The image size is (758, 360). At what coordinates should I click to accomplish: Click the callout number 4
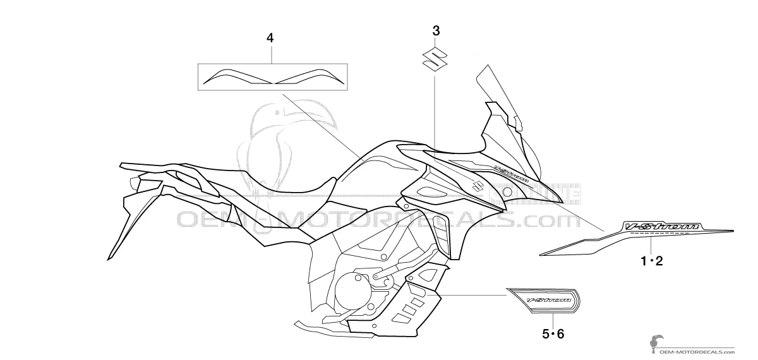[x=270, y=39]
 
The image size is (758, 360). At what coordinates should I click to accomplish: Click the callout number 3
[x=435, y=30]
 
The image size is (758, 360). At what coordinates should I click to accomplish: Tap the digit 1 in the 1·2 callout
[x=644, y=261]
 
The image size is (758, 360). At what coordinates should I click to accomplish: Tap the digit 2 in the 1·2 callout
[x=659, y=261]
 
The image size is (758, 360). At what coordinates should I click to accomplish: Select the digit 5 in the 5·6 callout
[x=545, y=334]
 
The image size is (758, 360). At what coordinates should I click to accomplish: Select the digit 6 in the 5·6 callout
[x=559, y=334]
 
